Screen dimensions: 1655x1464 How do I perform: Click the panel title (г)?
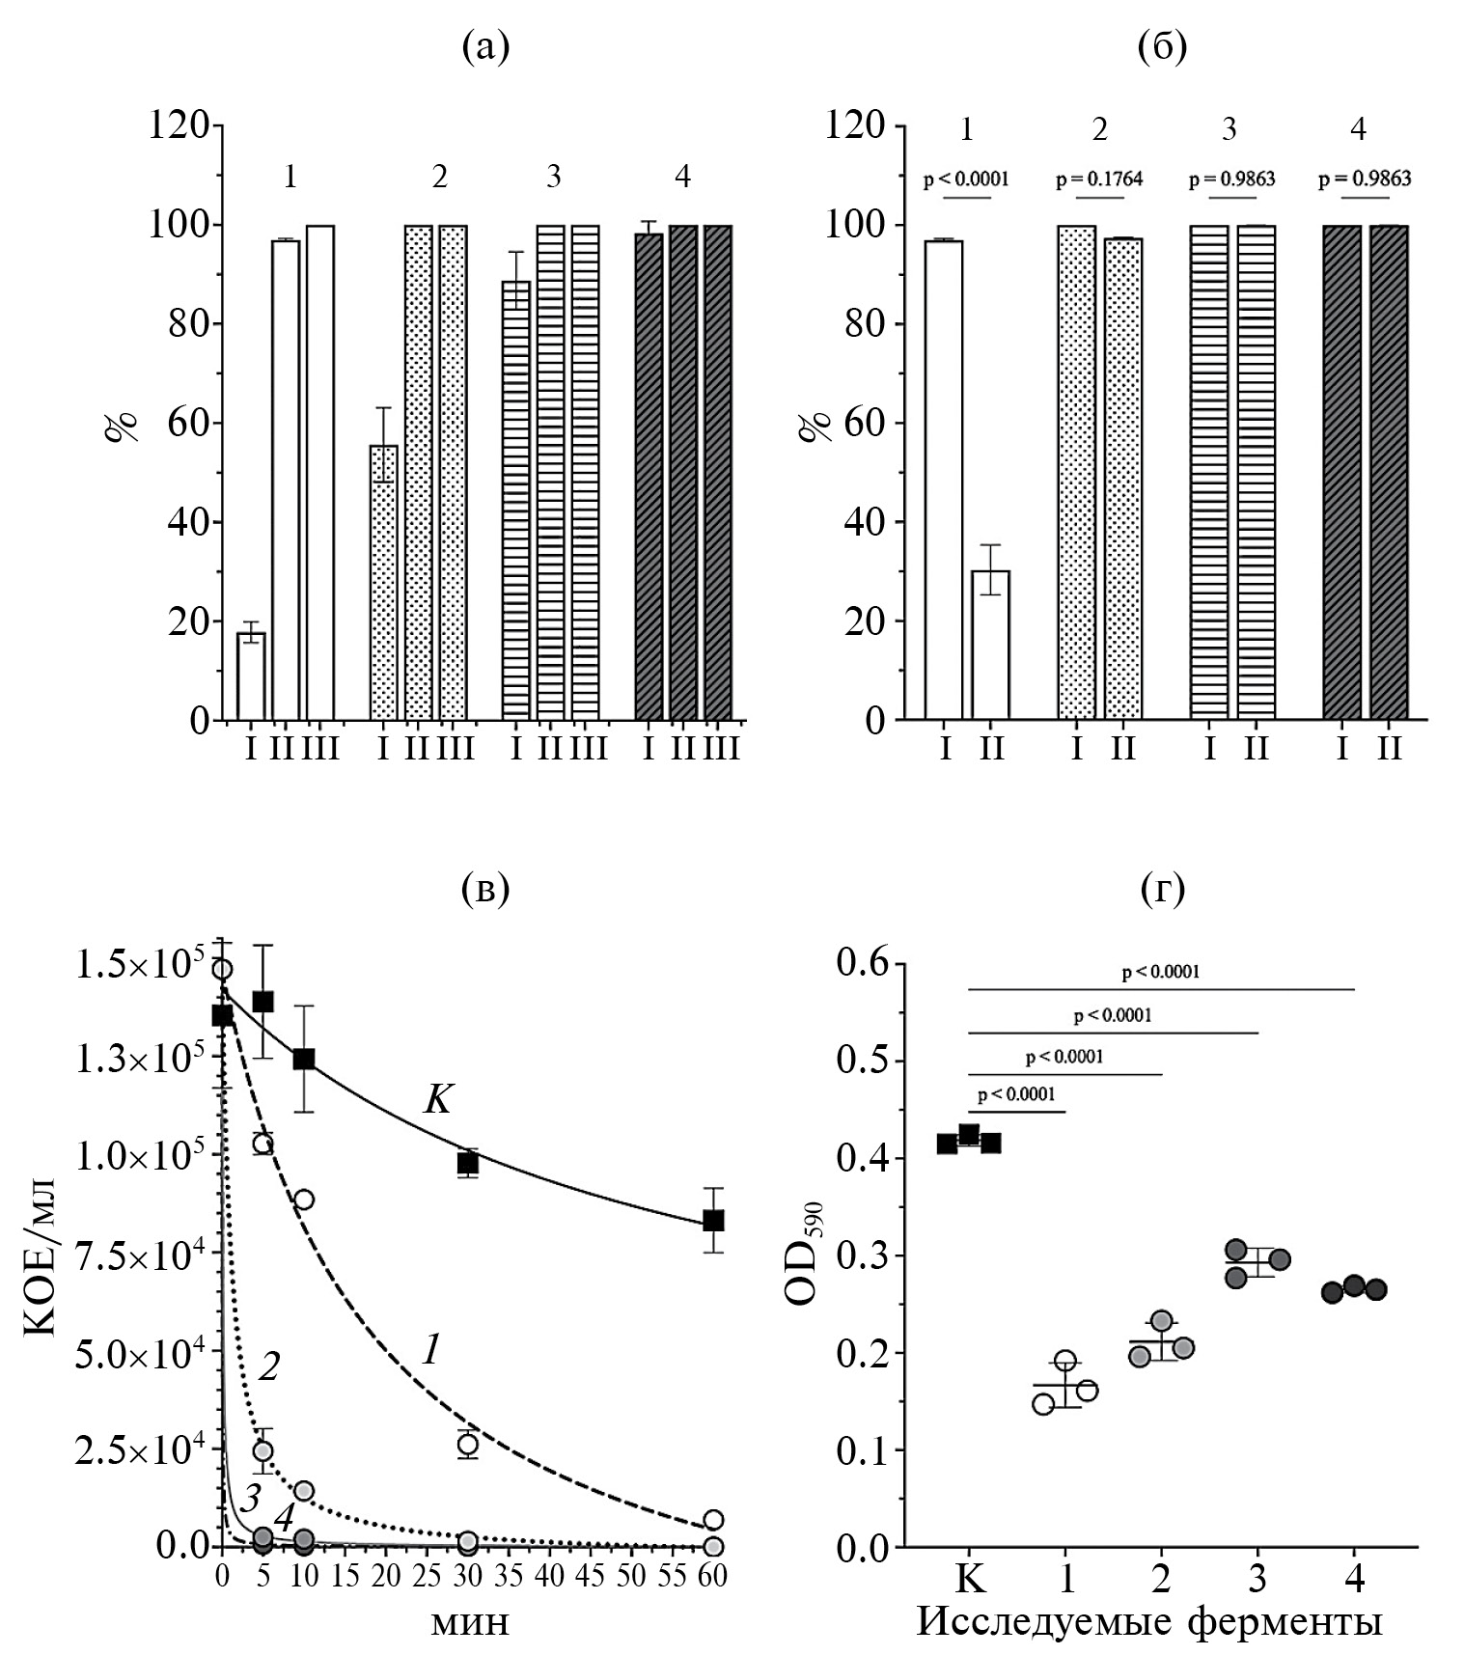point(1162,889)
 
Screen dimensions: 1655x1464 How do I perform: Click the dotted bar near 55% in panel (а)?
point(383,582)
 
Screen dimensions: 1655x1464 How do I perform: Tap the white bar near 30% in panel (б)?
point(990,645)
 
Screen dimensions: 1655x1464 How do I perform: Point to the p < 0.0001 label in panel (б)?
point(966,179)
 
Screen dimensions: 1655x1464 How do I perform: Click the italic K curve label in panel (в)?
point(437,1098)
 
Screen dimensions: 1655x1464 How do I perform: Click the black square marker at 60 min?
point(713,1220)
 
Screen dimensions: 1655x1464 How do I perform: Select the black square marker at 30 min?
point(468,1164)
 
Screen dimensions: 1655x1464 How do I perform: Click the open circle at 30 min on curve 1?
point(468,1444)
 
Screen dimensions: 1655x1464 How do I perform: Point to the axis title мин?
point(469,1623)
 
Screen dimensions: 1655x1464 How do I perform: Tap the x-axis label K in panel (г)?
point(969,1580)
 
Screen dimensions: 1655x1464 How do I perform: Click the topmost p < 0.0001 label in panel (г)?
point(1161,973)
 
